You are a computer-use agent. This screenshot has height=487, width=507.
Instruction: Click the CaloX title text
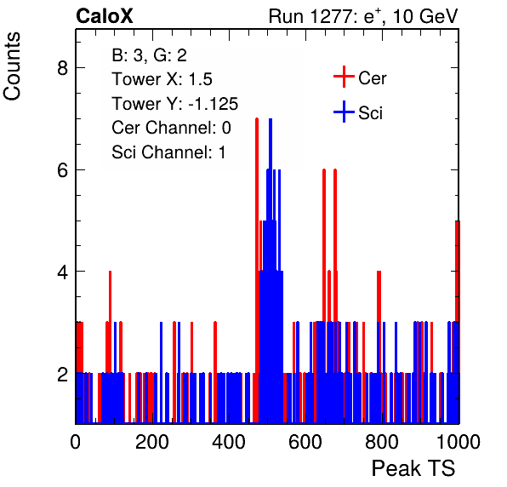[105, 16]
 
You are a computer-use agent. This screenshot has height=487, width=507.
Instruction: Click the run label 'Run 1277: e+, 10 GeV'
[363, 16]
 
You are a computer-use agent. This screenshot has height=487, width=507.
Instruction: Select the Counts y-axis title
[12, 66]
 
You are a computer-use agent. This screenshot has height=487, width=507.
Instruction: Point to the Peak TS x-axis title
[413, 468]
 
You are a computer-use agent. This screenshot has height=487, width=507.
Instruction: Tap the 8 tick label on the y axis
[62, 68]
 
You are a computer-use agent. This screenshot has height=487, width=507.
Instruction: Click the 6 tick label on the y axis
[62, 169]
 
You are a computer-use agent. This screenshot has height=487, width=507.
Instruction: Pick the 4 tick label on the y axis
[62, 271]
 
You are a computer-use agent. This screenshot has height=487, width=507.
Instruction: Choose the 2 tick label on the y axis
[62, 373]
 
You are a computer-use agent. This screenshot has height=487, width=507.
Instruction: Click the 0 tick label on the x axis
[76, 441]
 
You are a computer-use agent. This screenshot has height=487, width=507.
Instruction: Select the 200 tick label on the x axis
[152, 441]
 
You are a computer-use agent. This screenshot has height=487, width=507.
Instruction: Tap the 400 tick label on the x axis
[229, 441]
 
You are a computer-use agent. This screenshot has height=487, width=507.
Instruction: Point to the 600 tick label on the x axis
[305, 441]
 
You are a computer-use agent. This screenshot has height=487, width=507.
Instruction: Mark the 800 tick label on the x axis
[382, 441]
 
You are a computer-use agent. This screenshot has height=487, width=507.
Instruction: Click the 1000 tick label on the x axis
[459, 441]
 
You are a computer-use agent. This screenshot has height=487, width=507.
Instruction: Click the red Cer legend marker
[344, 77]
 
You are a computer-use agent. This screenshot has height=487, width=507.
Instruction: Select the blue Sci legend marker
[344, 112]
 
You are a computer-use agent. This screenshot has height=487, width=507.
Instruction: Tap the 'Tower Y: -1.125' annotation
[175, 104]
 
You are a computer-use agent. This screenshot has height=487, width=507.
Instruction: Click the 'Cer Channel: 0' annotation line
[171, 128]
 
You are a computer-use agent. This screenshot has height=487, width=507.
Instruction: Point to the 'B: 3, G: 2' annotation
[150, 55]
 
